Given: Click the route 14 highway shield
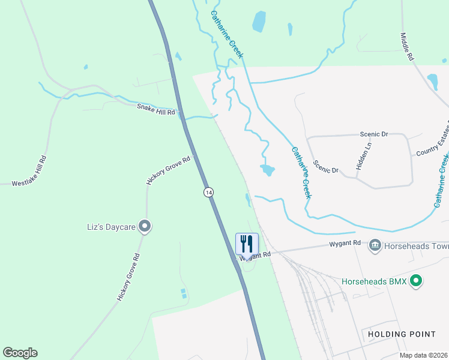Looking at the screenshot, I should click(x=208, y=192).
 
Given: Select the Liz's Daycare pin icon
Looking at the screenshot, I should click(x=144, y=226).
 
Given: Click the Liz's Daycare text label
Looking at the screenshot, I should click(x=110, y=227).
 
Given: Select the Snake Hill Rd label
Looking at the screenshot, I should click(x=155, y=109).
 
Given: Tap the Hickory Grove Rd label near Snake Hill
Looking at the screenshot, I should click(x=169, y=170).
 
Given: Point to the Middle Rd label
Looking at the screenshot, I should click(x=408, y=46).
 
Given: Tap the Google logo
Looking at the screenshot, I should click(x=20, y=353).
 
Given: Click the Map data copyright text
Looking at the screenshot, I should click(x=423, y=355).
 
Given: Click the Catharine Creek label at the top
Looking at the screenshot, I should click(x=226, y=34).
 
